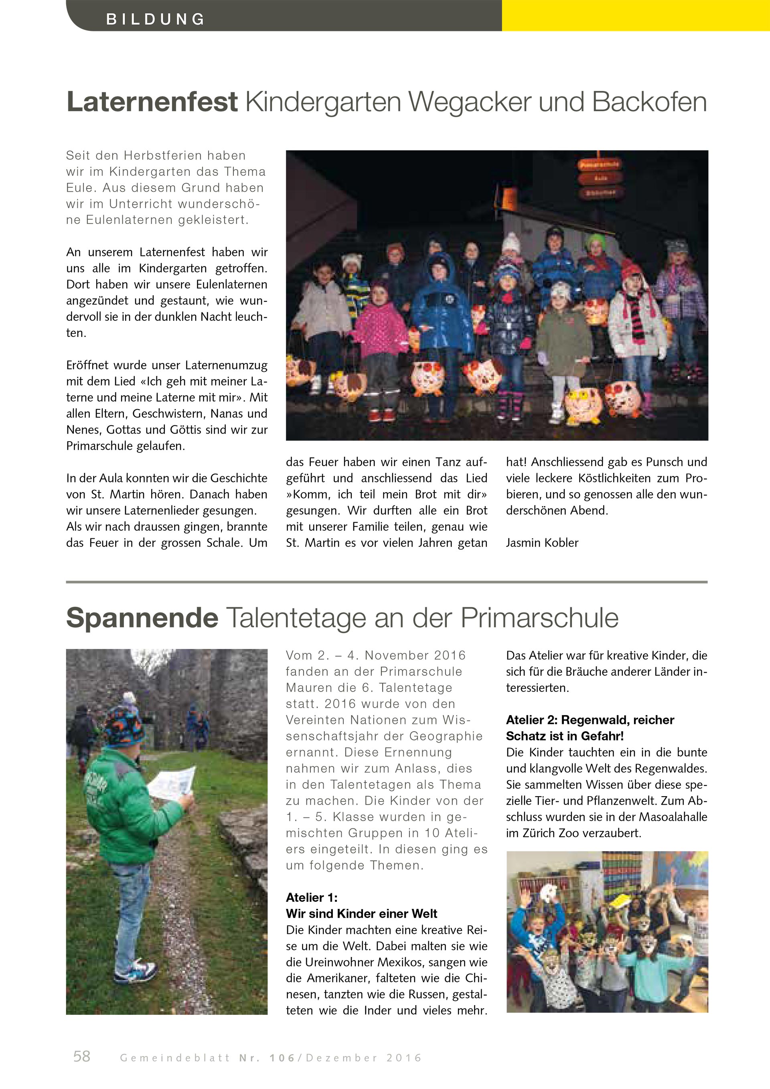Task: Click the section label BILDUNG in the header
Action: point(155,19)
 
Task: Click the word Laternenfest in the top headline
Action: point(152,101)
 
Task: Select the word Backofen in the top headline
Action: point(650,101)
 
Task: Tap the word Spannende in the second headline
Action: point(142,618)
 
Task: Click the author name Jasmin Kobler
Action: point(542,543)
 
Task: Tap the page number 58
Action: point(81,1056)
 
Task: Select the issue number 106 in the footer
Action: point(282,1058)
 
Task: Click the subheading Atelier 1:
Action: point(312,897)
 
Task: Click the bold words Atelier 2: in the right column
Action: point(531,720)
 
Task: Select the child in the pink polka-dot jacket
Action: point(379,322)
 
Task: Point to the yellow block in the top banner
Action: point(635,16)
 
